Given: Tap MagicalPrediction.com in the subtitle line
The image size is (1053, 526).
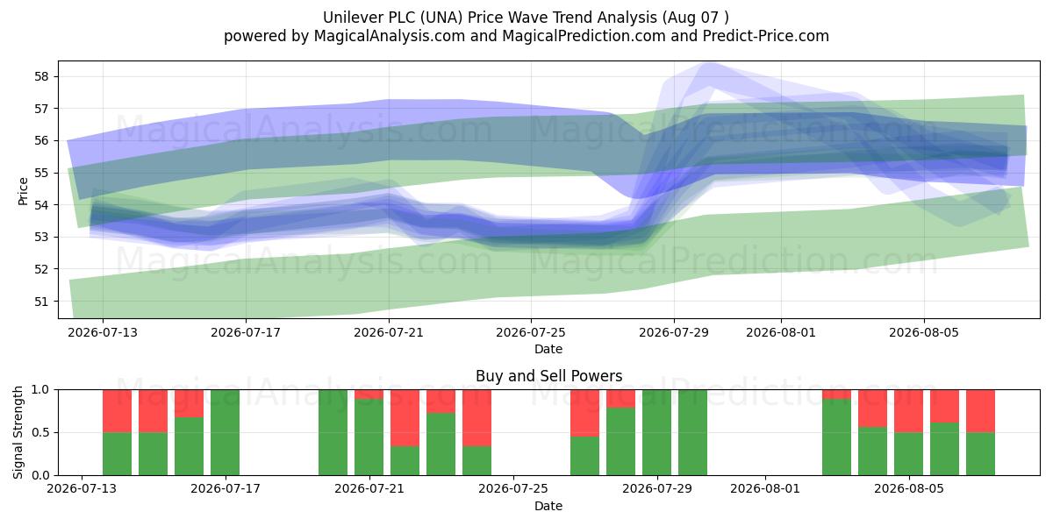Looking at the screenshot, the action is [x=584, y=36].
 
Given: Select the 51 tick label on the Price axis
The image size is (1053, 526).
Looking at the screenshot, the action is [x=42, y=302].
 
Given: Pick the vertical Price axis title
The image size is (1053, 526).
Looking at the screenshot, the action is [x=23, y=191].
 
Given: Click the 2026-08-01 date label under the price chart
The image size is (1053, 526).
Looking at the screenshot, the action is [x=781, y=332].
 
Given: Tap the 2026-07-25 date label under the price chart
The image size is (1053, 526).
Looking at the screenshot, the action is [x=531, y=332].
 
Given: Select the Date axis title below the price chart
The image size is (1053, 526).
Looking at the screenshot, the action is [x=548, y=349].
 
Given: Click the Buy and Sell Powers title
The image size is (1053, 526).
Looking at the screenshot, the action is [x=548, y=376].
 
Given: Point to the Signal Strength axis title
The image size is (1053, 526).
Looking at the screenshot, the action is [x=18, y=432].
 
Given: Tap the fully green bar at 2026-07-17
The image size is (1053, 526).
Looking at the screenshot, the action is [x=225, y=432].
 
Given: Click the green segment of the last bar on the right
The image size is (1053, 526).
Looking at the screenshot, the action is [x=981, y=454].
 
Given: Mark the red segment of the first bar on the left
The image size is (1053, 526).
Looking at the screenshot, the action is [x=117, y=411].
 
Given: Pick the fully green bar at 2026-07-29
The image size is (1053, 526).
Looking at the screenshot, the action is [x=656, y=432].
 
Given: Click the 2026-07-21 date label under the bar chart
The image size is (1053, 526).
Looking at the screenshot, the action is [x=369, y=488].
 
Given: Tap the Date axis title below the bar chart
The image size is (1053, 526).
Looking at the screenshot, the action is [x=548, y=506].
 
